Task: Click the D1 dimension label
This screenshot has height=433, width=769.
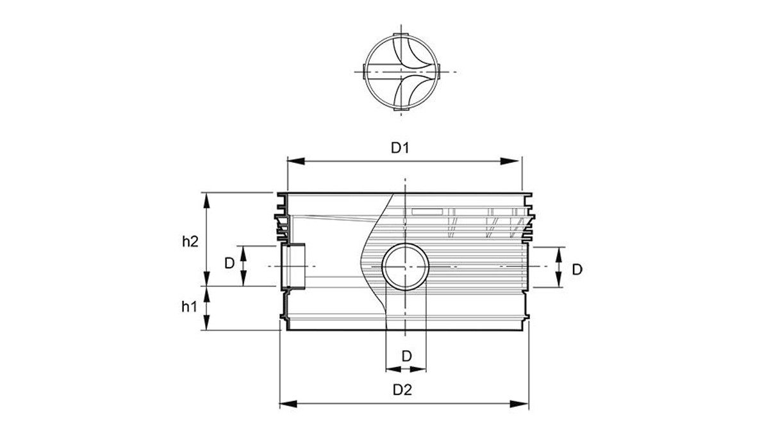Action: (x=401, y=148)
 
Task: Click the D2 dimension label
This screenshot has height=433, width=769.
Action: (x=402, y=390)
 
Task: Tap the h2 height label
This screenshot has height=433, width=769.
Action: (x=190, y=242)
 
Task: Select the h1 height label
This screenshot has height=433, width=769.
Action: (x=189, y=307)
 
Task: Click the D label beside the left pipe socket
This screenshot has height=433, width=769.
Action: (x=229, y=264)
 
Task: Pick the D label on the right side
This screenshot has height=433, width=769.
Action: (x=577, y=270)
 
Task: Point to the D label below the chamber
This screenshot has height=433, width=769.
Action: (x=406, y=357)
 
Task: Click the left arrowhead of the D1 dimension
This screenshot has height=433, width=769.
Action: (x=296, y=161)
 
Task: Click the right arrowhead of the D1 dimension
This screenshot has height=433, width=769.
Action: (x=510, y=161)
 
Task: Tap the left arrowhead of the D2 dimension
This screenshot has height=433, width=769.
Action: (x=288, y=403)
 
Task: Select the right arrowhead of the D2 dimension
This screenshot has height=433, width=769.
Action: (x=520, y=403)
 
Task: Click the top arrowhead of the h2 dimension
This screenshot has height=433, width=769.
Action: (x=206, y=201)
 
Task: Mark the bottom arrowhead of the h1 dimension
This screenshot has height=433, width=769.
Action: (x=206, y=322)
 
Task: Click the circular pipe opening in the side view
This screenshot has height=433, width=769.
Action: (x=406, y=244)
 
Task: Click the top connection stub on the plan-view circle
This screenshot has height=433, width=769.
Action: (x=401, y=35)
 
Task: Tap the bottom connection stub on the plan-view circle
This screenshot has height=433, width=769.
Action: (x=401, y=109)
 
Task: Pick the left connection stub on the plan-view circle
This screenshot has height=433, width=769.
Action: (x=364, y=72)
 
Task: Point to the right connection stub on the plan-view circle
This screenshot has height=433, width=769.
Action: (x=438, y=72)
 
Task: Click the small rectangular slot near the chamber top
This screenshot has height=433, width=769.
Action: (x=427, y=211)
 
